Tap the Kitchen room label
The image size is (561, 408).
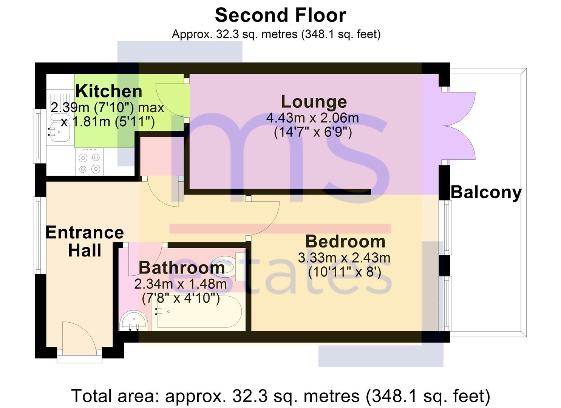coord(109,91)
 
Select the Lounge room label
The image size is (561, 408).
coord(314,102)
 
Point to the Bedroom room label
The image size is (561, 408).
coord(345,241)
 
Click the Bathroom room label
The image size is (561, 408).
coord(181,268)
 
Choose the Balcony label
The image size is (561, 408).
coord(486,192)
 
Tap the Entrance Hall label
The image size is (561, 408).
coord(85,241)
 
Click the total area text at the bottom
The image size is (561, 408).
coord(280,396)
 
